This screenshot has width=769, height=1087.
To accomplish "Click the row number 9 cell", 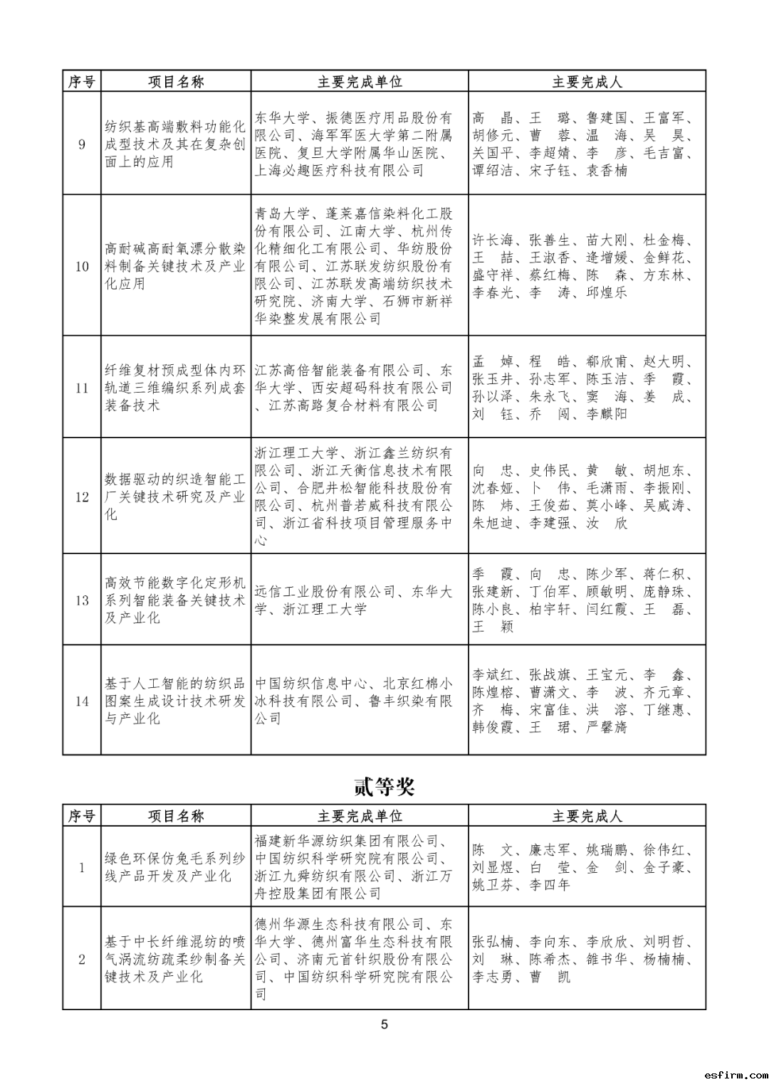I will [82, 144].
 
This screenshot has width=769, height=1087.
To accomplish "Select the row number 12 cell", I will [82, 497].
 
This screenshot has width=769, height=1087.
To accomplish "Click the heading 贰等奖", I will [384, 787].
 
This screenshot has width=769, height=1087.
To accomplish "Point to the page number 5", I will [384, 1024].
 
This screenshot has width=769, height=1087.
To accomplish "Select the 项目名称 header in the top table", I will [176, 82].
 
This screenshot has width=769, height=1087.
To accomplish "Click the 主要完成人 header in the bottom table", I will [587, 816].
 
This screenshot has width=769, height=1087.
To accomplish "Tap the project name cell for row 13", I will [175, 600].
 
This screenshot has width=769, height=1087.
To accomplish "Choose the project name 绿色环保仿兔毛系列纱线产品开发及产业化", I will [175, 867].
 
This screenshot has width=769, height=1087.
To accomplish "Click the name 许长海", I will [493, 240].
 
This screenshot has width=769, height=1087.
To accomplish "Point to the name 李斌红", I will [493, 675].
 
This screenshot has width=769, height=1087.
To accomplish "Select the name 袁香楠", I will [607, 171].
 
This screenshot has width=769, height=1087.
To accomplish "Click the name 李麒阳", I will [607, 414].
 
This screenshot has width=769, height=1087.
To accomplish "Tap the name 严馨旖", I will [607, 728].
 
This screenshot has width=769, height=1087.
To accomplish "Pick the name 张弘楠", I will [493, 942].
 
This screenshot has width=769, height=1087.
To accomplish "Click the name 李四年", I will [550, 886].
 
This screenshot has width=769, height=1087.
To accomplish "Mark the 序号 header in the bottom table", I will [82, 816].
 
